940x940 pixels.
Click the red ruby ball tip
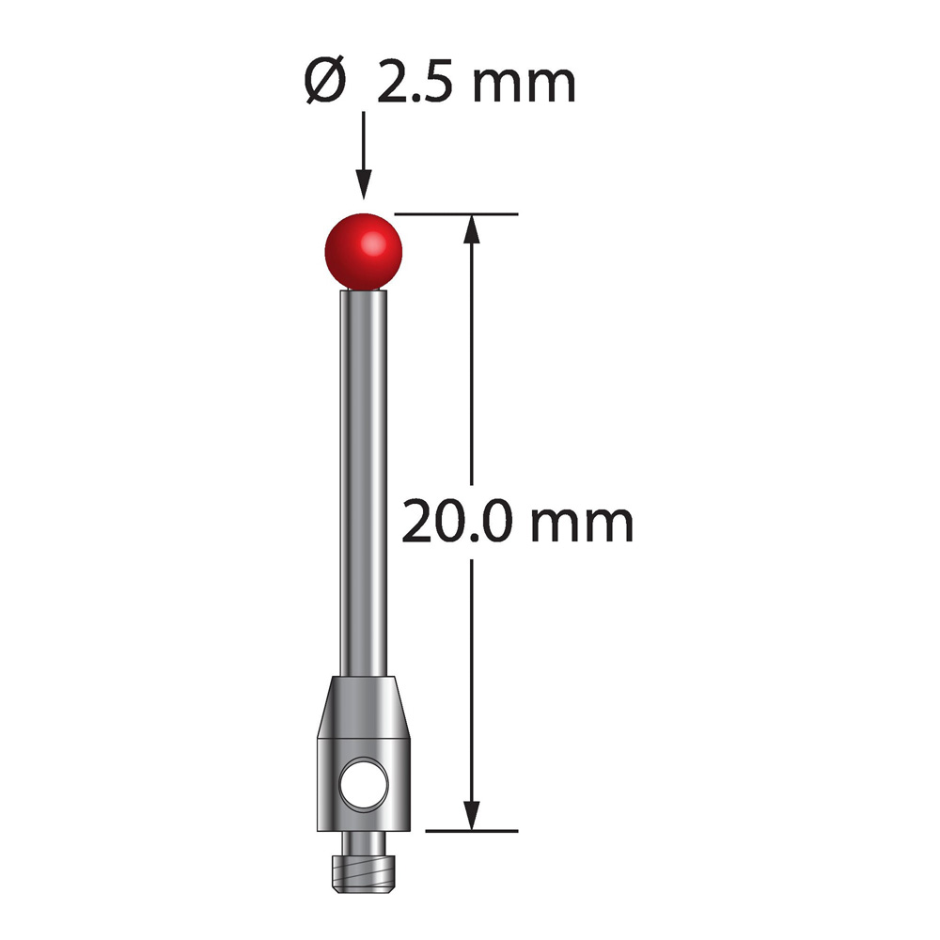point(363,252)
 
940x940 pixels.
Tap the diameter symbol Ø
point(325,81)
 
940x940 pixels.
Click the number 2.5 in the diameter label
point(419,82)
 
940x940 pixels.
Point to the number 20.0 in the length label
point(457,522)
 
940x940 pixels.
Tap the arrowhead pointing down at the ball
point(363,183)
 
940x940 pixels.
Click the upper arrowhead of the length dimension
point(472,229)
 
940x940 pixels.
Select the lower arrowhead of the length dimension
point(472,815)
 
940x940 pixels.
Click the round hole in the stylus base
point(364,784)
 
